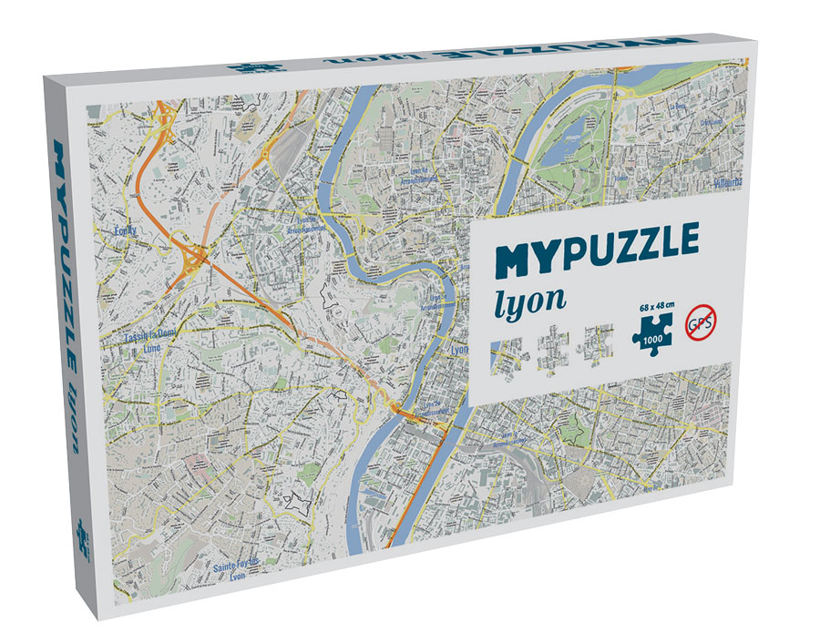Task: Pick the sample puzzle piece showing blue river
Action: tap(507, 352)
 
